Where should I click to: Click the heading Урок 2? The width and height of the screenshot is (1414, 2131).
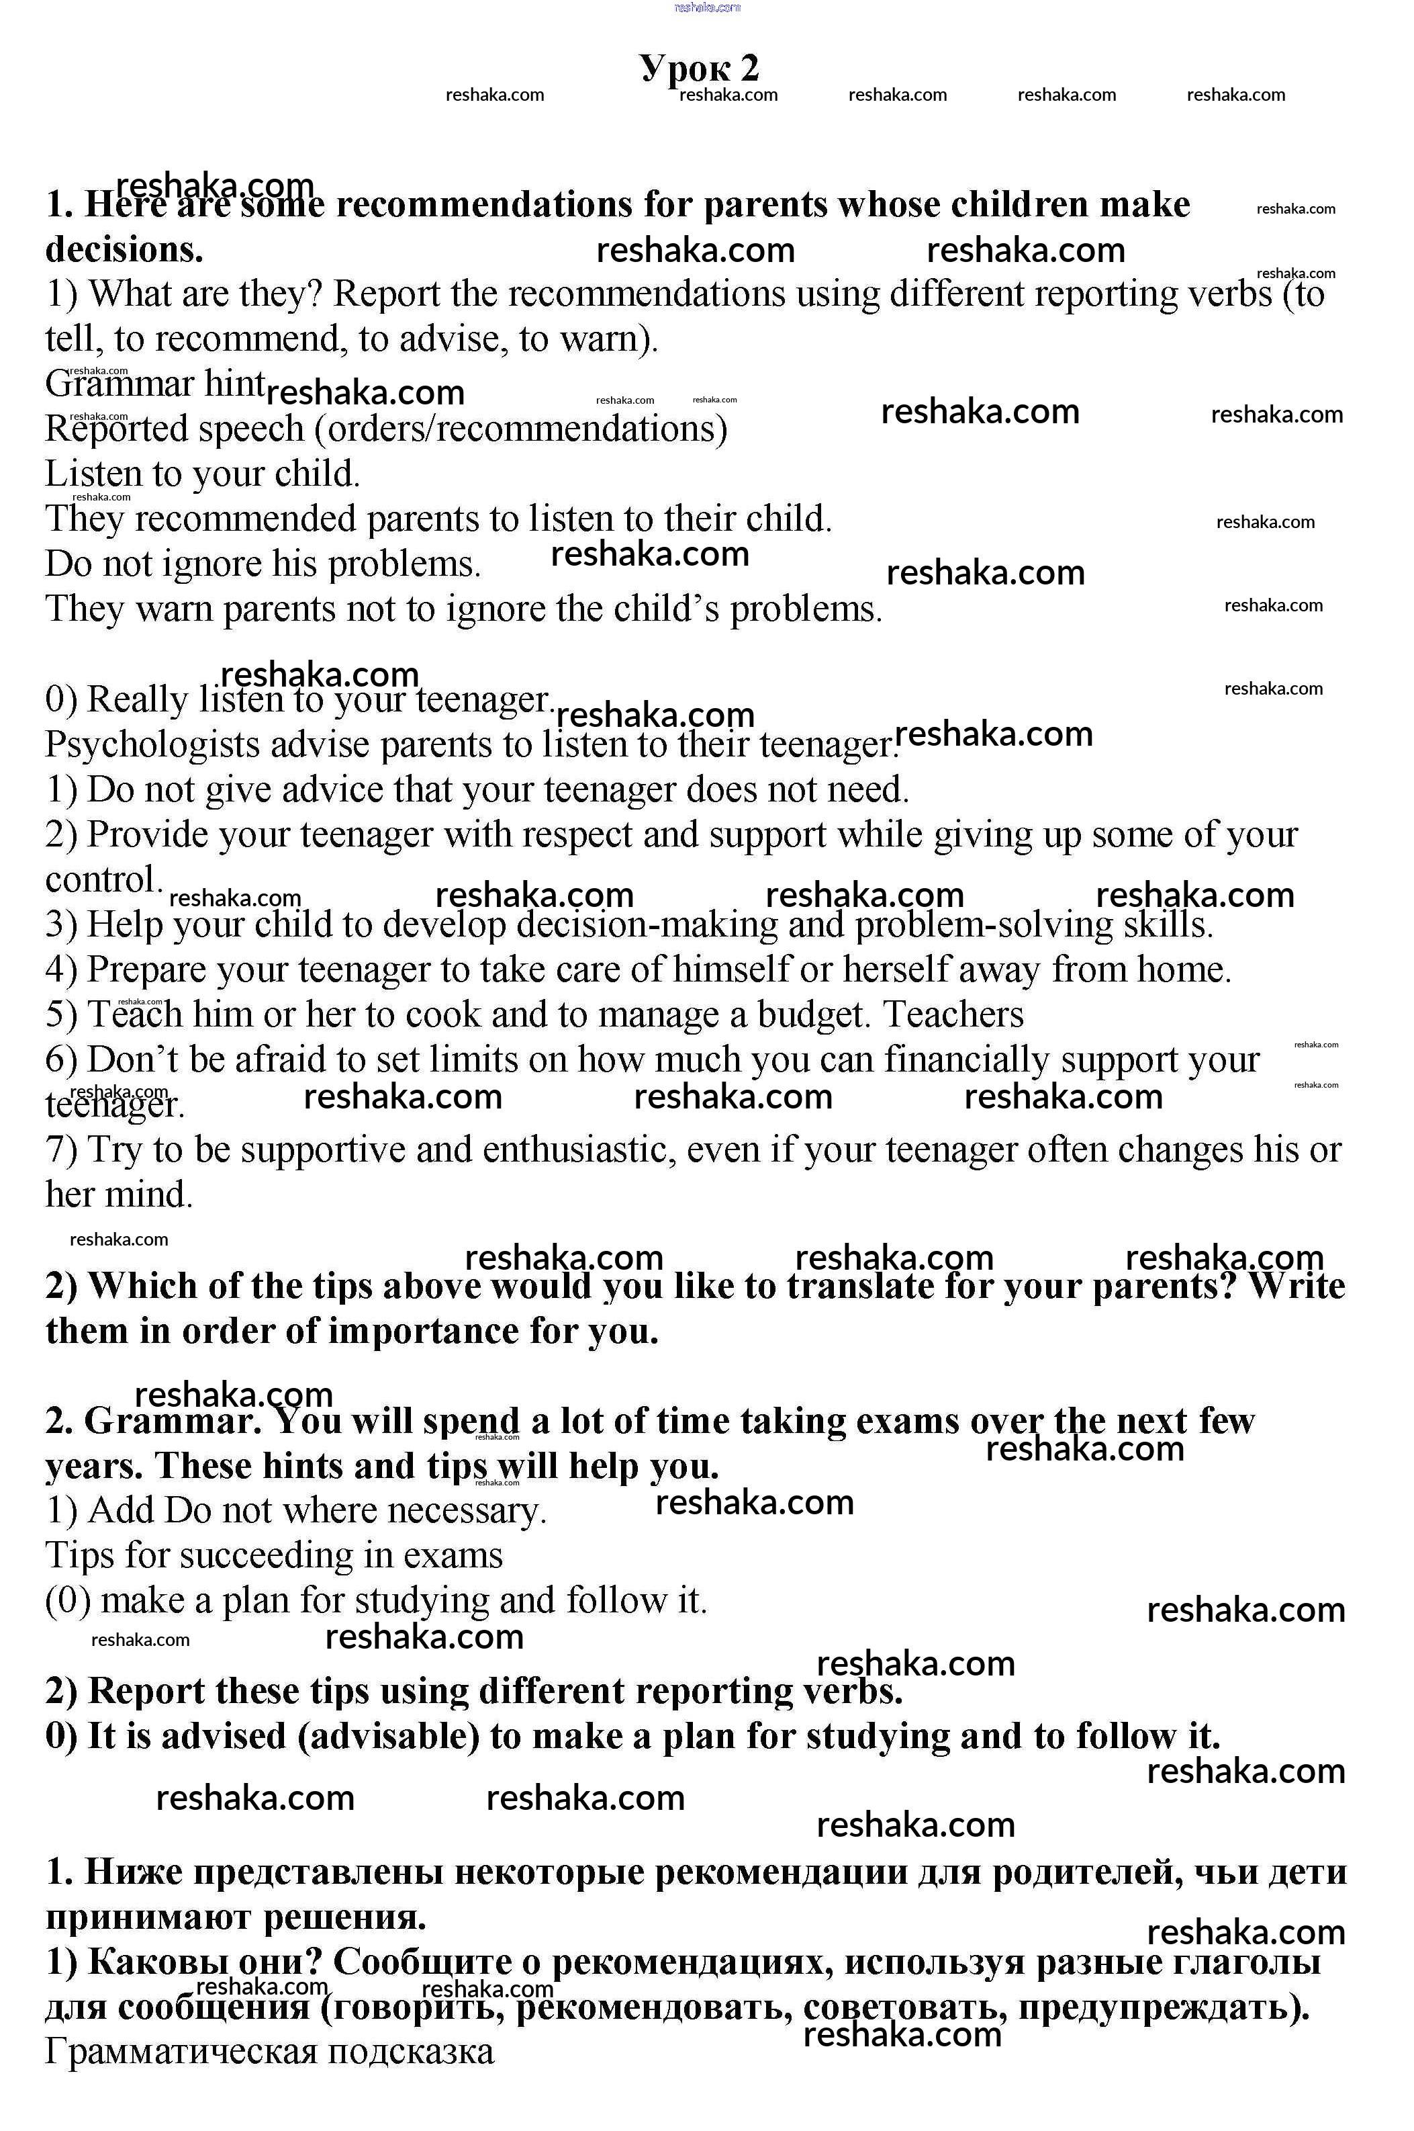pyautogui.click(x=700, y=68)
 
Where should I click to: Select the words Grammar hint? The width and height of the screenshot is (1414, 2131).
pyautogui.click(x=155, y=384)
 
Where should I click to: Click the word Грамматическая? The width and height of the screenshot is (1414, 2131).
pyautogui.click(x=181, y=2052)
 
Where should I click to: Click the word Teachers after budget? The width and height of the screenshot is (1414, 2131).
pyautogui.click(x=953, y=1015)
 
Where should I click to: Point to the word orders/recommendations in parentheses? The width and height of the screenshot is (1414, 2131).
pyautogui.click(x=520, y=429)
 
